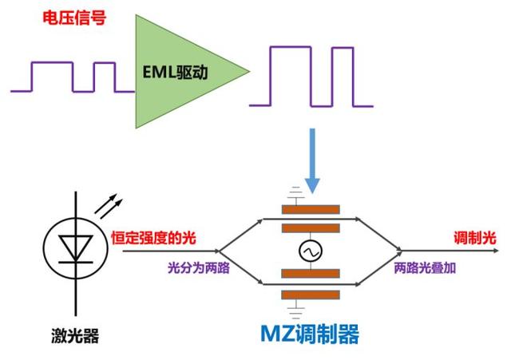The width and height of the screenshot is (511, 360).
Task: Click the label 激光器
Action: [77, 336]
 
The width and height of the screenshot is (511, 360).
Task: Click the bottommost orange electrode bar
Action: [311, 292]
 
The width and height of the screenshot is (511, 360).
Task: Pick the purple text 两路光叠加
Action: [425, 268]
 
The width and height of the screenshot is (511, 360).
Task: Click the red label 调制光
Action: [475, 239]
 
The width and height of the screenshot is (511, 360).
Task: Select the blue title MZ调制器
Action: [311, 333]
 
